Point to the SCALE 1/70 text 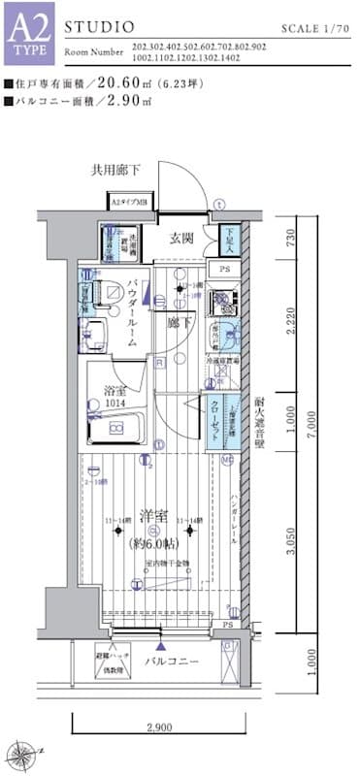pyautogui.click(x=315, y=30)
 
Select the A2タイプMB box pyautogui.click(x=128, y=203)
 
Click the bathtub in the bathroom pyautogui.click(x=115, y=428)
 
